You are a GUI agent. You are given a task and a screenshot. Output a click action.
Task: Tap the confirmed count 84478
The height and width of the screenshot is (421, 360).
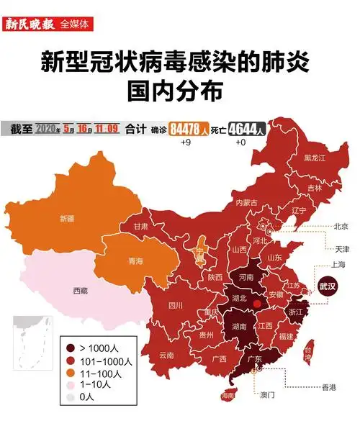185,130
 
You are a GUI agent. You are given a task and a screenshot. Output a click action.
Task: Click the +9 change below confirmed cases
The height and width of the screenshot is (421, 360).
185,142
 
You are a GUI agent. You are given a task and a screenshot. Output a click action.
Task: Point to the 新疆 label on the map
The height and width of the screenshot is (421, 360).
66,217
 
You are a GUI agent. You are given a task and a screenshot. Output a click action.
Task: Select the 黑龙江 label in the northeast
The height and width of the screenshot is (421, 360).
314,157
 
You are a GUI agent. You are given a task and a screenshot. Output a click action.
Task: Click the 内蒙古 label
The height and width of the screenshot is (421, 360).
246,202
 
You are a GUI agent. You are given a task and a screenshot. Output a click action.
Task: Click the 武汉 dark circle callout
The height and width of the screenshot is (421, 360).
328,284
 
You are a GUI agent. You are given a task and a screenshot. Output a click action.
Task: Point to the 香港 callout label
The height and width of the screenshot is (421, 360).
328,387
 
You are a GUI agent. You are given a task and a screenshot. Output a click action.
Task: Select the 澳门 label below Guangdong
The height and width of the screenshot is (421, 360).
267,395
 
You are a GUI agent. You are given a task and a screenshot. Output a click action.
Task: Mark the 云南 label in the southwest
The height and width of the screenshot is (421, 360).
166,355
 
